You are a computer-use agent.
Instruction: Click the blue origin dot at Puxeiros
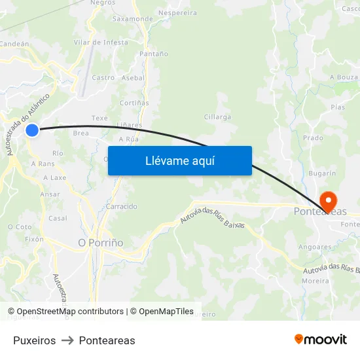(32, 130)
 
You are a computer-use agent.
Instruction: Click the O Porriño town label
(101, 243)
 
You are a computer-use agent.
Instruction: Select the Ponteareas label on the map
(319, 211)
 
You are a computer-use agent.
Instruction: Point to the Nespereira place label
(177, 12)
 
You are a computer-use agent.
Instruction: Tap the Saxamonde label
(132, 19)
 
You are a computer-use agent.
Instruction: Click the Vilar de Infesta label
(101, 43)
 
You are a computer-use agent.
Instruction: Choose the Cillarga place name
(217, 117)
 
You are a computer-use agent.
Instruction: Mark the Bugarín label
(321, 174)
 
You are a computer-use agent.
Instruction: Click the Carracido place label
(122, 206)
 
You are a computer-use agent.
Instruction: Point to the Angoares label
(314, 247)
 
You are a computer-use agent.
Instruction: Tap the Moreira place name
(315, 281)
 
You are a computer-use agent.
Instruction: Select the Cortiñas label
(134, 103)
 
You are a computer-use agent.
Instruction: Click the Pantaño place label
(154, 54)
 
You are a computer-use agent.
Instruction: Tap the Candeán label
(14, 44)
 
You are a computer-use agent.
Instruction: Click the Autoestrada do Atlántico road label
(27, 124)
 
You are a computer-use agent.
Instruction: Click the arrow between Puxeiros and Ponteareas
(67, 340)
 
